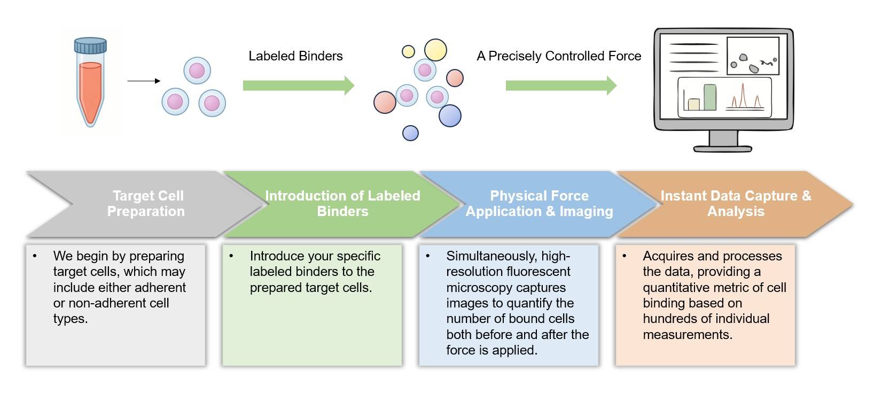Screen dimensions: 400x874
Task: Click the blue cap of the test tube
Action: (x=90, y=47)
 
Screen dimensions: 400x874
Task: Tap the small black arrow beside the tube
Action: (x=144, y=81)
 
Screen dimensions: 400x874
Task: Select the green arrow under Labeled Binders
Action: (x=298, y=86)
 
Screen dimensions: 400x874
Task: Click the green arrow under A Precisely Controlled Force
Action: (x=560, y=86)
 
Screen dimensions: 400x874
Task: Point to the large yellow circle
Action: (x=435, y=50)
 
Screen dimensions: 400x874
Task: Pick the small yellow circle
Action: (x=408, y=51)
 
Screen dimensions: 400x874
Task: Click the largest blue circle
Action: (x=450, y=116)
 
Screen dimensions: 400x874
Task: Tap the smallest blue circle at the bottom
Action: (x=410, y=133)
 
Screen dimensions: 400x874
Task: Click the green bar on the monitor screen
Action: (x=709, y=97)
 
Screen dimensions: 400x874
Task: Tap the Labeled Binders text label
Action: (x=295, y=56)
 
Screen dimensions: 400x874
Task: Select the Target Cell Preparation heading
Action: (x=146, y=203)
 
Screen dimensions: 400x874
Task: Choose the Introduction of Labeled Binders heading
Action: (x=342, y=203)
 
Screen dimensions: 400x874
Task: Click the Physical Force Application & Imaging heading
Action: (x=539, y=203)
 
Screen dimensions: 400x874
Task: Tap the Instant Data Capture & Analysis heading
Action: (x=736, y=203)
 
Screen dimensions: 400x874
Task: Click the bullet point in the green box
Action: (x=231, y=256)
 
